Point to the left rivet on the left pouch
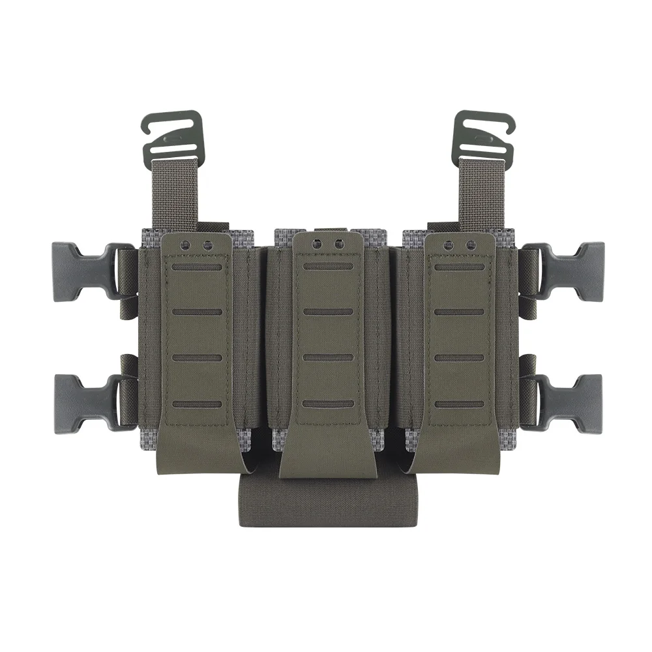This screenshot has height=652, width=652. (x=185, y=245)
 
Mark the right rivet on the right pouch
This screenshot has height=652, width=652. (x=469, y=245)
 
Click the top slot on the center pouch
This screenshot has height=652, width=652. (x=328, y=267)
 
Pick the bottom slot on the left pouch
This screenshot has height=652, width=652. (x=196, y=404)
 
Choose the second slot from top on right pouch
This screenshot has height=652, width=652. (x=458, y=312)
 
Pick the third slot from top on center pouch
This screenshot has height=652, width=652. (x=328, y=357)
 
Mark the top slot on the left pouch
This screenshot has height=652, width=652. (x=196, y=267)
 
